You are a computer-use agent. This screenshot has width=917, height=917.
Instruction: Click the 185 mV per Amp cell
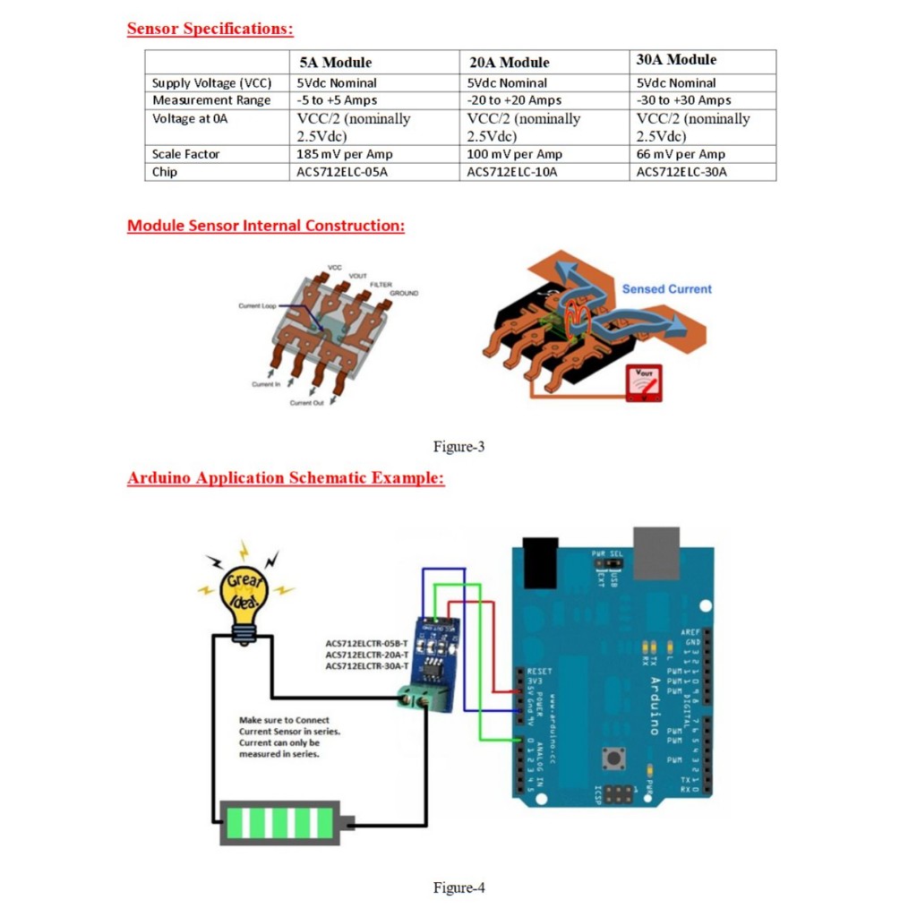[x=345, y=154]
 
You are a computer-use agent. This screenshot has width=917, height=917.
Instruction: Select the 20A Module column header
[x=510, y=63]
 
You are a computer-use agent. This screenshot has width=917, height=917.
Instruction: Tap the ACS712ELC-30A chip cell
[x=681, y=172]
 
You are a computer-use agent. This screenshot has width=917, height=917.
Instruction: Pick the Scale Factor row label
[x=185, y=154]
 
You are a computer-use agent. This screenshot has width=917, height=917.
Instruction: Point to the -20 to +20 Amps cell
[x=515, y=100]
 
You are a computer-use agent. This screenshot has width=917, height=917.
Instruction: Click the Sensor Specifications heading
[x=210, y=29]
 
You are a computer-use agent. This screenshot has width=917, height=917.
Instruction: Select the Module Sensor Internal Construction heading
[x=266, y=226]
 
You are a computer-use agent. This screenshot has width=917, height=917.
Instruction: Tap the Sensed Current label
[x=666, y=289]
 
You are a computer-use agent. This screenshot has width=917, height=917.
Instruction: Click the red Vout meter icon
[x=644, y=382]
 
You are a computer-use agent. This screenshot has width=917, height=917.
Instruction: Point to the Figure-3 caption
[x=458, y=446]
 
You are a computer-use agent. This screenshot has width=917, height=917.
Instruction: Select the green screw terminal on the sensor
[x=424, y=698]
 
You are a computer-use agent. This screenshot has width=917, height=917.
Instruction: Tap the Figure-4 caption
[x=458, y=887]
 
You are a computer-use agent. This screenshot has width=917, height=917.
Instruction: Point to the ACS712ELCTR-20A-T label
[x=366, y=655]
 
